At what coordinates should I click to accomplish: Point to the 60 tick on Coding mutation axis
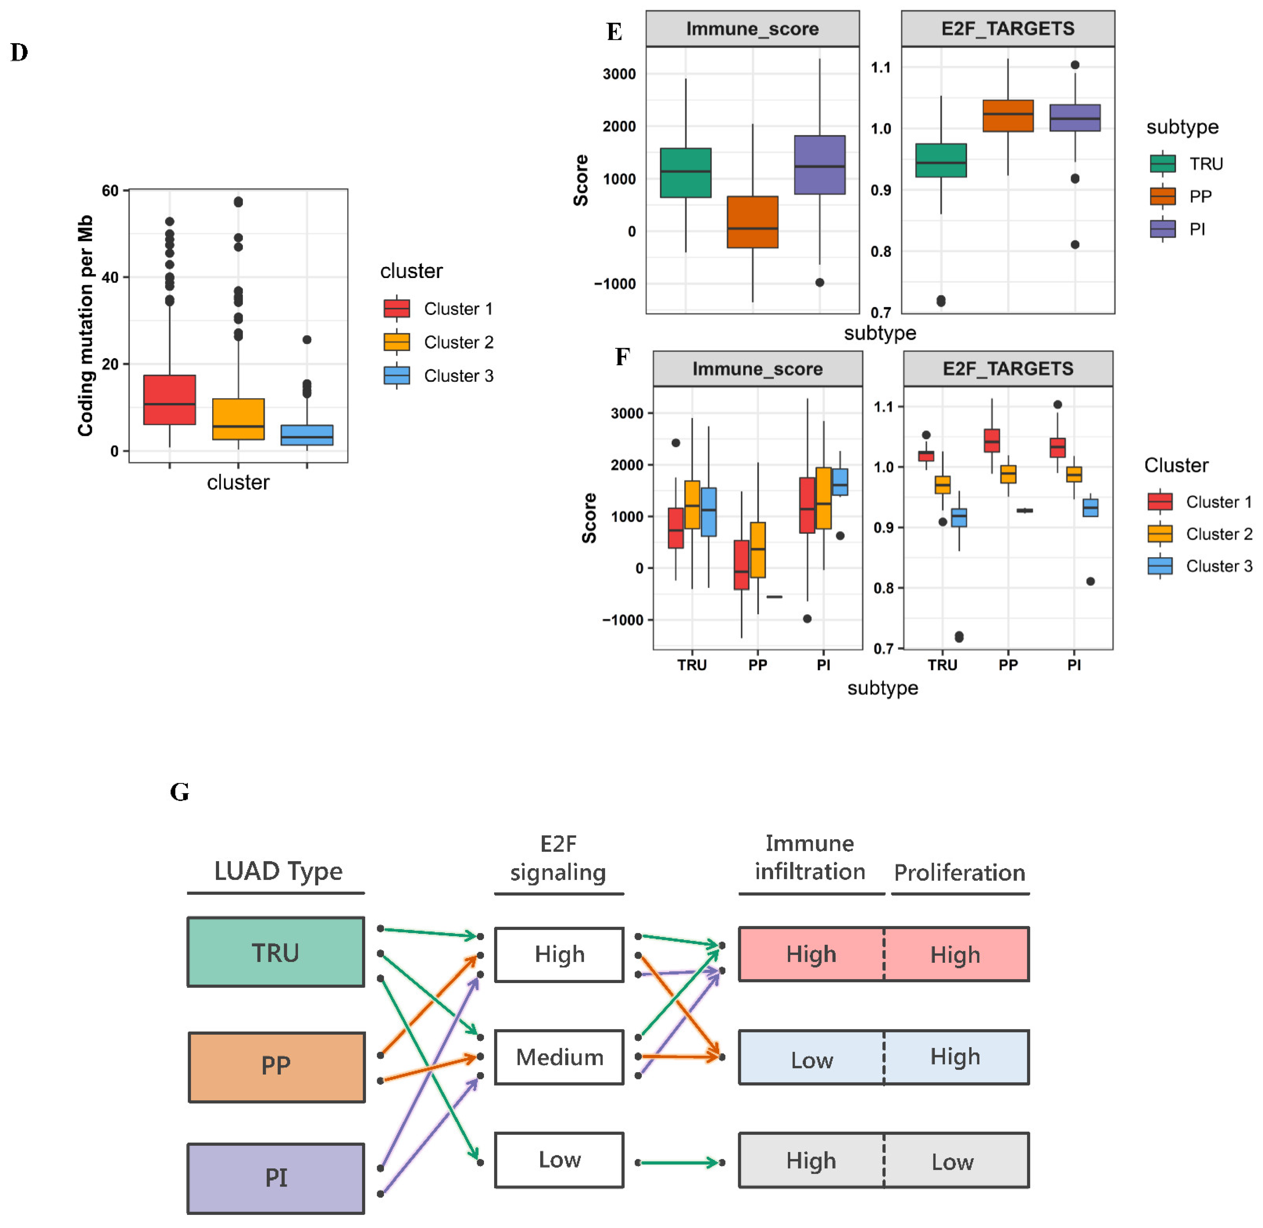(110, 191)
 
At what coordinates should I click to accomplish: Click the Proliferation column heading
(959, 873)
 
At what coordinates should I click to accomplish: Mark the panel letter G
(179, 792)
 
